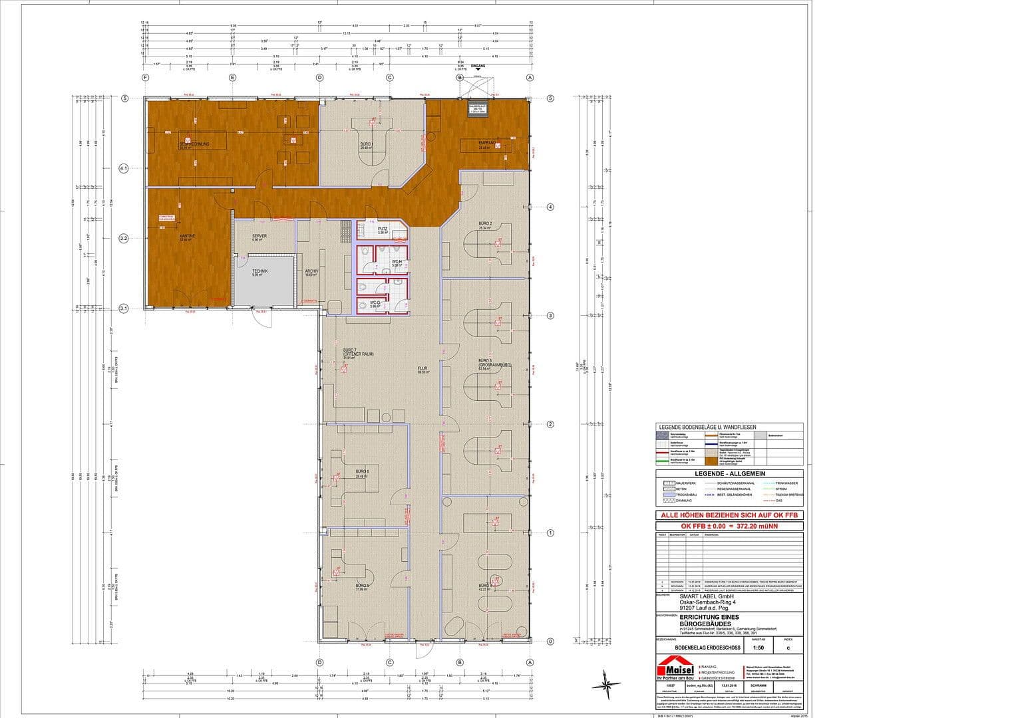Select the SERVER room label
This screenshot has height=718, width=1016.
click(259, 236)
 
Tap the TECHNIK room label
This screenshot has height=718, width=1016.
click(259, 271)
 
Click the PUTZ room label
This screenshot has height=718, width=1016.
click(383, 229)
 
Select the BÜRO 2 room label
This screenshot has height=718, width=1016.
click(484, 223)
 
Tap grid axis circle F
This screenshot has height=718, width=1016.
click(145, 78)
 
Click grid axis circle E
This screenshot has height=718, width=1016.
click(232, 78)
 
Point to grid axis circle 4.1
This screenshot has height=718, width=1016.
click(123, 169)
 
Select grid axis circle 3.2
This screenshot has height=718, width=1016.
click(123, 238)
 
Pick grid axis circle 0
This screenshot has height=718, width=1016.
click(550, 642)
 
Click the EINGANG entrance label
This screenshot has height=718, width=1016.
click(478, 66)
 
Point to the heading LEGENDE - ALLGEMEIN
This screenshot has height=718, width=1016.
click(729, 473)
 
